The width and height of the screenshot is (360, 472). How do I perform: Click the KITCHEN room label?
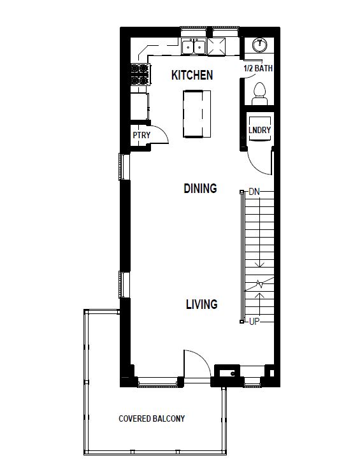[x=192, y=75]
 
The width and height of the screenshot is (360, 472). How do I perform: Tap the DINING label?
[x=200, y=189]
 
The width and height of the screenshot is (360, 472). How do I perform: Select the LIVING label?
[x=202, y=304]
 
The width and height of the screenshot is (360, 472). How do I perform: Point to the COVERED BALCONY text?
[x=152, y=418]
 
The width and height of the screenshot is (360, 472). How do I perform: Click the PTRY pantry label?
[x=141, y=135]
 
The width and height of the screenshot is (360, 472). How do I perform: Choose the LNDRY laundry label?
[x=259, y=130]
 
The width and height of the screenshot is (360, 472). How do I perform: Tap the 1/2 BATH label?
[x=258, y=68]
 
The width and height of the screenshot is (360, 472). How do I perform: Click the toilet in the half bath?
[x=260, y=94]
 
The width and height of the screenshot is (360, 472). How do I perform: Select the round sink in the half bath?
[x=259, y=45]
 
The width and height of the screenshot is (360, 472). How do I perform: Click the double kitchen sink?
[x=194, y=46]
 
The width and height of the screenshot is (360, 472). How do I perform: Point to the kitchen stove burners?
[x=140, y=74]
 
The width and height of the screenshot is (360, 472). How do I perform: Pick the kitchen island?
[x=197, y=114]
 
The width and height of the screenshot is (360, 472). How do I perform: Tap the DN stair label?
[x=254, y=192]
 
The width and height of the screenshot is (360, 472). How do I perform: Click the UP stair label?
[x=254, y=322]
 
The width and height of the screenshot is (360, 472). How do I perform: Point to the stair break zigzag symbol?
[x=259, y=283]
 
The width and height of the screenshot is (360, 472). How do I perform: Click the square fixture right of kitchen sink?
[x=217, y=46]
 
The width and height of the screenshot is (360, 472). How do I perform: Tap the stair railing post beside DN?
[x=241, y=192]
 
